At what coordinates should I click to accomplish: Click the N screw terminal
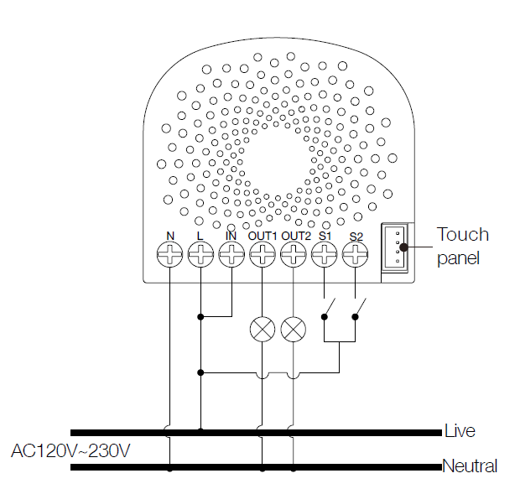coord(169,256)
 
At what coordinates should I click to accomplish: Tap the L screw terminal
coord(200,256)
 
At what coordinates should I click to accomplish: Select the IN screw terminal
coord(231,256)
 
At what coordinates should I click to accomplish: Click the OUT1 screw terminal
coord(263,256)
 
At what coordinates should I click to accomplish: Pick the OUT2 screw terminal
coord(293,256)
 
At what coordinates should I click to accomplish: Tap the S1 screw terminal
coord(324,256)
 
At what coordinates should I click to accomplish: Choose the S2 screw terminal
coord(355,256)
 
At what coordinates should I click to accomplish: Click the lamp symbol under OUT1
coord(263,329)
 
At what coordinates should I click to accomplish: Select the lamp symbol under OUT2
coord(293,329)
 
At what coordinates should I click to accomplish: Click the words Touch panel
coord(462,246)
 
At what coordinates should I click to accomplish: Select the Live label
coord(460,431)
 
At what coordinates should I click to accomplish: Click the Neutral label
coord(470,466)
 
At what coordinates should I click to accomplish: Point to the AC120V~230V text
coord(70,450)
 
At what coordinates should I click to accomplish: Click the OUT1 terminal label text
coord(263,237)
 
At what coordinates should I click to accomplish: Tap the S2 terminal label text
coord(356,237)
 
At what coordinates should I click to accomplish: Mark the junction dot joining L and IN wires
coord(200,317)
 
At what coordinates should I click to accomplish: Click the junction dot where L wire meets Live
coord(200,433)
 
